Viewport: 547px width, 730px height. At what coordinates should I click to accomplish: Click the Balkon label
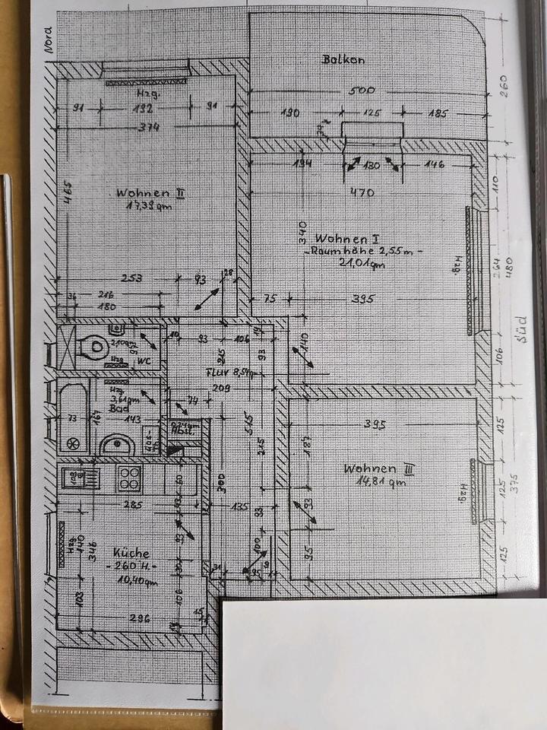tap(344, 59)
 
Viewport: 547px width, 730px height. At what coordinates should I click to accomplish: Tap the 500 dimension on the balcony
tap(362, 90)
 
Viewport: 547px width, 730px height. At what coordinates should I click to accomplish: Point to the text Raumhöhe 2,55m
tap(364, 251)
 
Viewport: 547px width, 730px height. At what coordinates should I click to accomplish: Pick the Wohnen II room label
tap(150, 192)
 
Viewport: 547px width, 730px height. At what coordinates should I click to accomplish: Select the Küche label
tap(131, 553)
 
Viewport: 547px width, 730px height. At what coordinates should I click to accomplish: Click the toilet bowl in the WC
tap(96, 348)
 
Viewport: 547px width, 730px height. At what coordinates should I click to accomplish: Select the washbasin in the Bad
tap(118, 444)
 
